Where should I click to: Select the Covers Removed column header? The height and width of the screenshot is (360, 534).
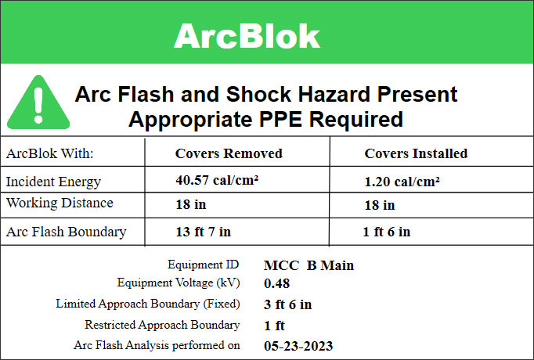(229, 153)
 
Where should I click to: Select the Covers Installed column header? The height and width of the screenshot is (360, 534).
(416, 153)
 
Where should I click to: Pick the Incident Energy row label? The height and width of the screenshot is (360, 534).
(53, 182)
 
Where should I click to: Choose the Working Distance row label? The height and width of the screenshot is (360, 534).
(60, 203)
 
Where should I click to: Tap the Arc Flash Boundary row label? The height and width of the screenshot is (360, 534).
(66, 232)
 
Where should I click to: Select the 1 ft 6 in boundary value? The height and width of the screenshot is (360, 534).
(386, 232)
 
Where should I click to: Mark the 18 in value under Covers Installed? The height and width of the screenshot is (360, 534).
(380, 205)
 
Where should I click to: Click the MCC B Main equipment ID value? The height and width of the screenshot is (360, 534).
(308, 265)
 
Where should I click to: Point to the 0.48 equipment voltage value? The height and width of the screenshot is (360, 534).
(277, 283)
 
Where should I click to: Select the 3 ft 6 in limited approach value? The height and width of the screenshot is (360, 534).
(288, 304)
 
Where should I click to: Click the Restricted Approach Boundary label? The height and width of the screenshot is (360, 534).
(162, 324)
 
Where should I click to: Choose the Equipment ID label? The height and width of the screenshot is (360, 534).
(204, 265)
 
